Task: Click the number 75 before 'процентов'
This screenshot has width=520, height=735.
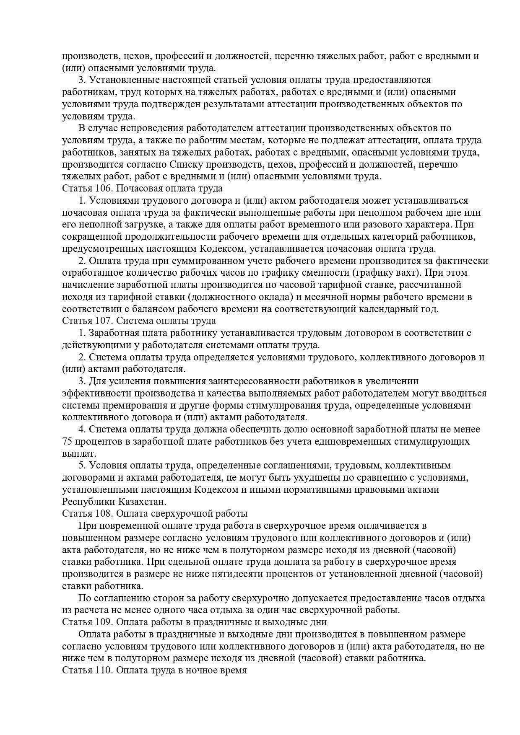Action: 68,441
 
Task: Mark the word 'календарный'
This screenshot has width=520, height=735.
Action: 391,309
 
